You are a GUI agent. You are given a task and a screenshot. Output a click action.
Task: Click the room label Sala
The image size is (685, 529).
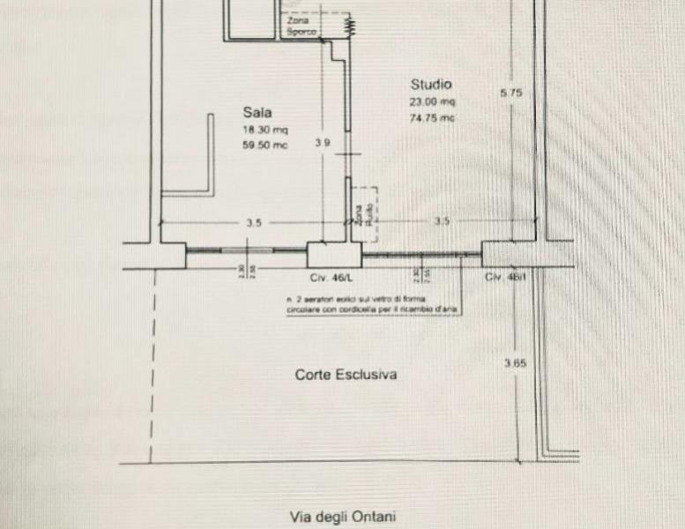tap(257, 112)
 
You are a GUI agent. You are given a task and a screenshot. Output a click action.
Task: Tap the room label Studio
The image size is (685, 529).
tap(430, 85)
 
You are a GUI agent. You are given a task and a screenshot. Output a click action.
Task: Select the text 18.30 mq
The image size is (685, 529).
tap(265, 130)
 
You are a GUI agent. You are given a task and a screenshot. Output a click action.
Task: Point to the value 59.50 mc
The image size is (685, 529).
tap(265, 145)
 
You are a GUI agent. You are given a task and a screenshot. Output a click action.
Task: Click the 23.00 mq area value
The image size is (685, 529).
tap(431, 102)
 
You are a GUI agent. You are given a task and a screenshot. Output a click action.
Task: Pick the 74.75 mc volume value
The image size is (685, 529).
tap(431, 117)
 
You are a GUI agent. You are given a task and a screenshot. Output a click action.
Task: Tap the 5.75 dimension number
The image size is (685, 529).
tap(511, 92)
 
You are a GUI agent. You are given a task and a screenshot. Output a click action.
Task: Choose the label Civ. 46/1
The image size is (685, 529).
tap(504, 277)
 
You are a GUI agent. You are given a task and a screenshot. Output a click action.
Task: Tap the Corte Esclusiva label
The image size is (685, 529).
tap(346, 375)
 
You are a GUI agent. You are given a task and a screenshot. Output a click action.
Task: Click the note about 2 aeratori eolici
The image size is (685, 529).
tap(370, 306)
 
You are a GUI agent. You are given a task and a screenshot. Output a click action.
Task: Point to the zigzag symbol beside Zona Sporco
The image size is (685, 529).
tap(349, 27)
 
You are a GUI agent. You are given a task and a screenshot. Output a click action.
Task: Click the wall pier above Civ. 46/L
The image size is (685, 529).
tap(333, 254)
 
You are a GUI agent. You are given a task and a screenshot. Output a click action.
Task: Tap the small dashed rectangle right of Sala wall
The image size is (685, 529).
tap(365, 212)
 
